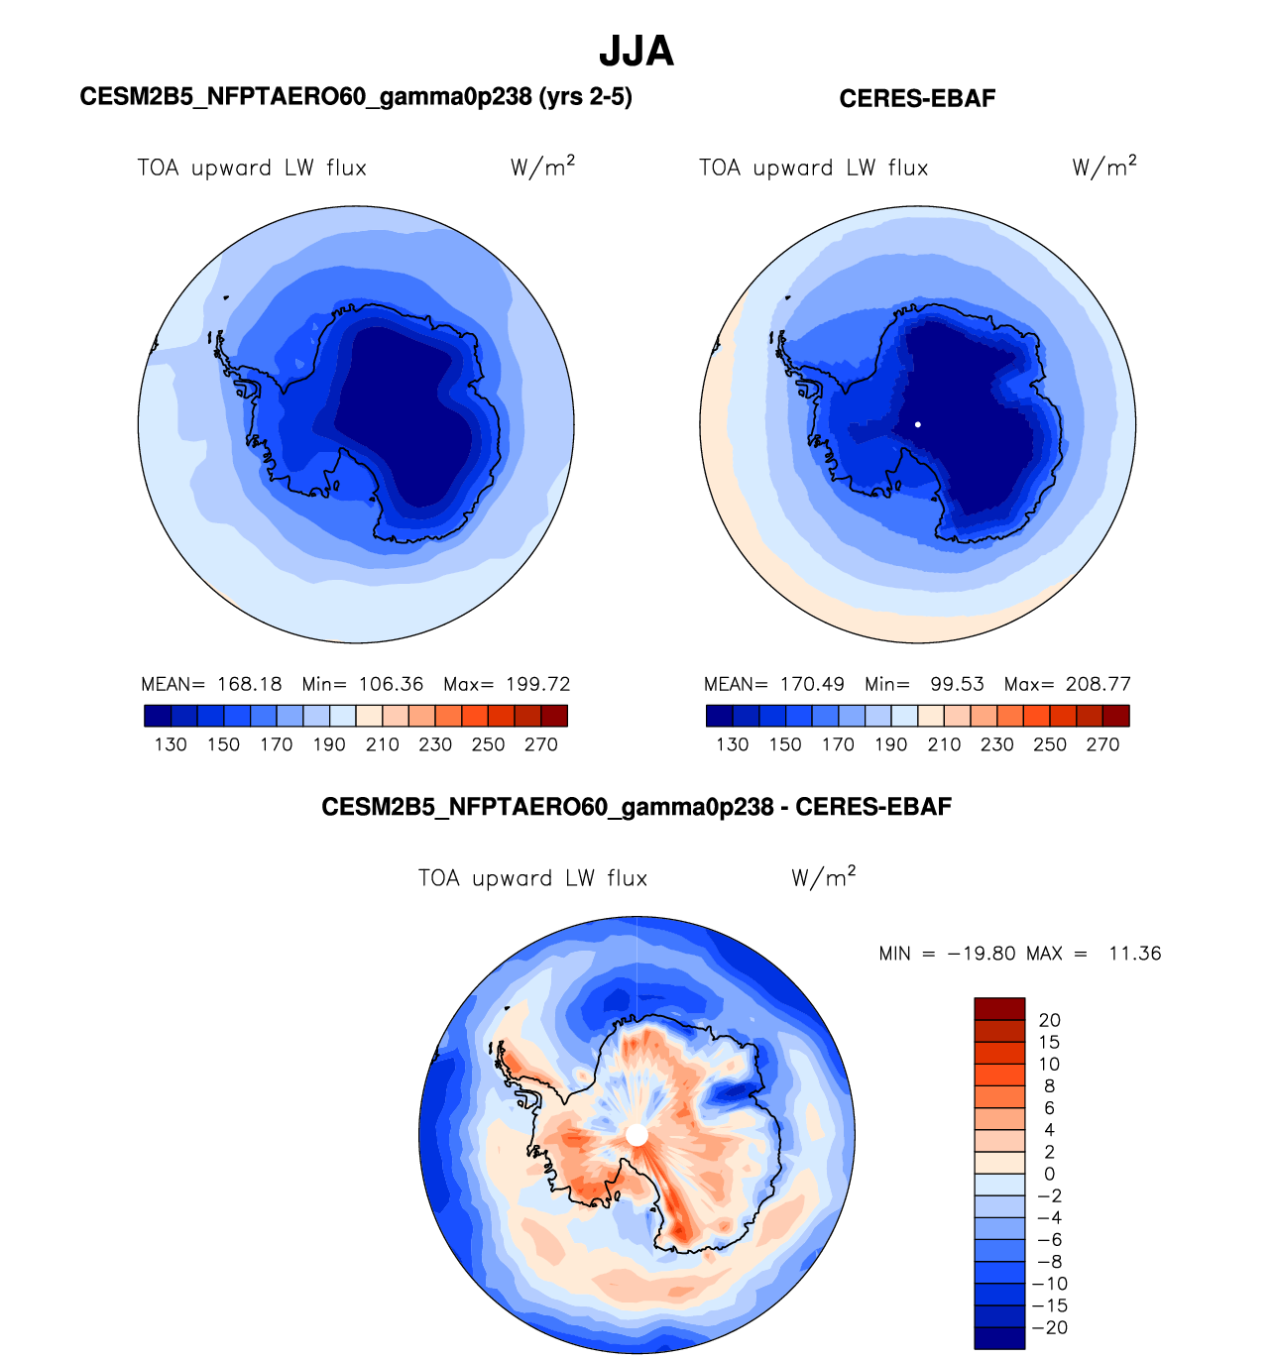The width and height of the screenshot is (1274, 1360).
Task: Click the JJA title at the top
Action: (x=637, y=52)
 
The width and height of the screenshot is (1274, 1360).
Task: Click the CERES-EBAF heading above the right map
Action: (x=917, y=98)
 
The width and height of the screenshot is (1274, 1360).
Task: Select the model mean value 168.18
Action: (x=250, y=684)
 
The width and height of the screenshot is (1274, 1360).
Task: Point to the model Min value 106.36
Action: (x=391, y=684)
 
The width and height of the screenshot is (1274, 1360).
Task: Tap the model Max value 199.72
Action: (x=537, y=684)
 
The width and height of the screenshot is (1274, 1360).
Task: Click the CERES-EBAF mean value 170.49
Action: (x=812, y=684)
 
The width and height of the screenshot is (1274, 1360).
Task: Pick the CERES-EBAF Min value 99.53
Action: (x=957, y=684)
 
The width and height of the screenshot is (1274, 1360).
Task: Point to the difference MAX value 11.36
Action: (x=1134, y=954)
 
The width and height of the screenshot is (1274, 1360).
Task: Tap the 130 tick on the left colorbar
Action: (x=171, y=744)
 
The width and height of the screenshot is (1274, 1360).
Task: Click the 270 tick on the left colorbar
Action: (x=541, y=744)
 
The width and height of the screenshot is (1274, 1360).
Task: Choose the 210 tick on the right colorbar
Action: (x=944, y=744)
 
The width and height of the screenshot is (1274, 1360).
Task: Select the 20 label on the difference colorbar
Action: (x=1049, y=1020)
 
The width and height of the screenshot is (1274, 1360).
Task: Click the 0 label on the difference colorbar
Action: (x=1049, y=1174)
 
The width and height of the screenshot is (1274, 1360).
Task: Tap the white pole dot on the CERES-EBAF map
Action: (x=918, y=424)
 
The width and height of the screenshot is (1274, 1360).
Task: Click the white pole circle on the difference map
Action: (x=637, y=1135)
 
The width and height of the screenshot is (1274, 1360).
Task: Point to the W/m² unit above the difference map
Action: (x=823, y=877)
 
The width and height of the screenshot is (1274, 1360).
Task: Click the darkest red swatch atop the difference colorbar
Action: (x=999, y=1009)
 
